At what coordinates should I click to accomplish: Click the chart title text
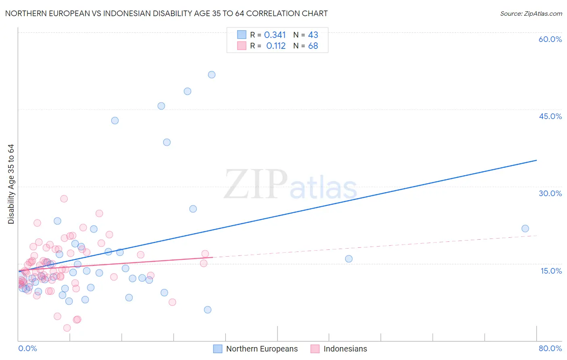pos(166,13)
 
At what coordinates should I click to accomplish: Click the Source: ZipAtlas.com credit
pos(531,14)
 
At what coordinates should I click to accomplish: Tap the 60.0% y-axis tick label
pos(550,39)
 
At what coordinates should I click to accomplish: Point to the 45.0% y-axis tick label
pos(550,116)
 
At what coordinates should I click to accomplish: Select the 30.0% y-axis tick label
pos(550,193)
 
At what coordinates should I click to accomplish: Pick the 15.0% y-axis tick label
pos(551,271)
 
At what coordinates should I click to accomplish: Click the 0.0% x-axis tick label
pos(27,348)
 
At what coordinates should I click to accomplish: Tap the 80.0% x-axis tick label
pos(550,348)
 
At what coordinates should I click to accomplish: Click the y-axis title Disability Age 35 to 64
pos(11,184)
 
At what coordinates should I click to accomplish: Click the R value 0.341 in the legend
pos(275,35)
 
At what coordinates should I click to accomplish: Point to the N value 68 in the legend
pos(313,46)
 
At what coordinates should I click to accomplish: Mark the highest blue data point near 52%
pos(212,75)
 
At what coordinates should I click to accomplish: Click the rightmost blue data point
pos(525,228)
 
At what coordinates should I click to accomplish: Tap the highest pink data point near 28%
pos(64,199)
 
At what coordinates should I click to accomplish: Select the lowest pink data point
pos(67,328)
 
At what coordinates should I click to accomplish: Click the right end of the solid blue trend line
pos(536,160)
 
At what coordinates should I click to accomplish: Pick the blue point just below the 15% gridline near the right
pos(349,259)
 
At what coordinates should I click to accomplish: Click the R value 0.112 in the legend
pos(276,46)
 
